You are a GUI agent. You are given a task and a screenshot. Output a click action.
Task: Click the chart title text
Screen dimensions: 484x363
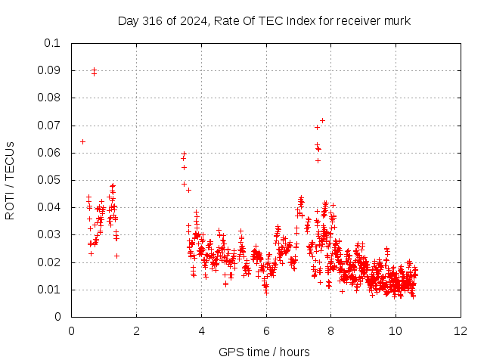click(x=264, y=21)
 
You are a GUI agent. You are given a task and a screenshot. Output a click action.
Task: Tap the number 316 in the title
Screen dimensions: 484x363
click(x=153, y=21)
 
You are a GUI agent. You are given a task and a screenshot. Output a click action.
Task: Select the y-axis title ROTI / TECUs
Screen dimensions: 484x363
click(x=10, y=181)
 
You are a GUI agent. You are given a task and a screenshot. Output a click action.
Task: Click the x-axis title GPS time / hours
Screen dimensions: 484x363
click(x=264, y=352)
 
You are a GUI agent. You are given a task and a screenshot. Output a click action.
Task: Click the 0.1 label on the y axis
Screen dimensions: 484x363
click(x=52, y=43)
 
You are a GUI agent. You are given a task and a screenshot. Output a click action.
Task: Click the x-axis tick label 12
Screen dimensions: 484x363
click(x=461, y=331)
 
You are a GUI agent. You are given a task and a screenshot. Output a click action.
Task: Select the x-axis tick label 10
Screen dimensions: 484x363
click(x=396, y=331)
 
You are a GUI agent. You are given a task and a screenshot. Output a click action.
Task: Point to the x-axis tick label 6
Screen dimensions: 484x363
click(x=266, y=331)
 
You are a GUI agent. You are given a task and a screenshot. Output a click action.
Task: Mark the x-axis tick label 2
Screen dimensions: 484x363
click(x=136, y=331)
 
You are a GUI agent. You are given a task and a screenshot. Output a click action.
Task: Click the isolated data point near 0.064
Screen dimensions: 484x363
click(x=82, y=141)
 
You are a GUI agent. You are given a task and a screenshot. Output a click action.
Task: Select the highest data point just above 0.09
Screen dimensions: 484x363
click(x=94, y=70)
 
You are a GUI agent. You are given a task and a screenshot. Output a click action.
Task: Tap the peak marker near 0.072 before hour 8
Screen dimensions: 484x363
click(x=322, y=120)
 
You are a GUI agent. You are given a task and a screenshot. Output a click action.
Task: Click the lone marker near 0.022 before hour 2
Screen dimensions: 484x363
click(x=116, y=256)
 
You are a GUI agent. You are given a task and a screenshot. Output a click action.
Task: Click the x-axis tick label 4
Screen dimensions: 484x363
click(x=202, y=331)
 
